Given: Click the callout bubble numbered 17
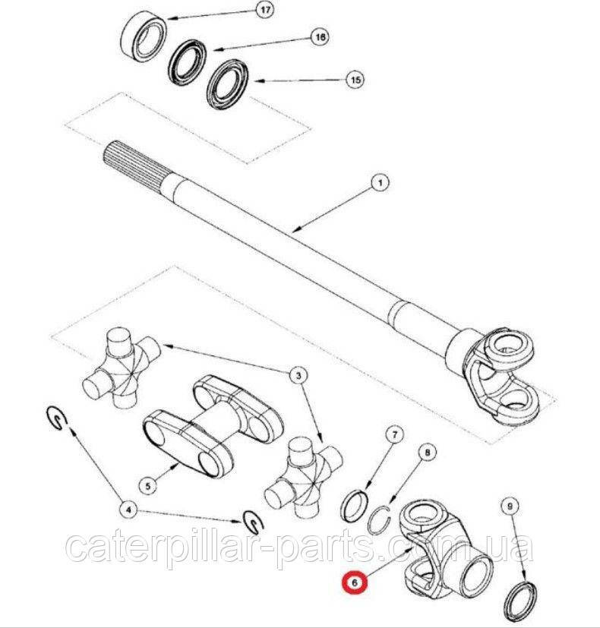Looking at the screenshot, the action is (265, 10).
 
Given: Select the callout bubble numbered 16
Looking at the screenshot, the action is (320, 37).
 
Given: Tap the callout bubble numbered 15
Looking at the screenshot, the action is (355, 80).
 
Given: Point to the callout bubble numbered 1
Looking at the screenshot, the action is (380, 183).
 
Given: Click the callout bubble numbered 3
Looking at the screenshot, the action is (298, 376).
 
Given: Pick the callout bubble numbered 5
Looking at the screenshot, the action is (148, 486).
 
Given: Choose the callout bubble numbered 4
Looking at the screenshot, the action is (128, 510).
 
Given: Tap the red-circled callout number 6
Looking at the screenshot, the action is (354, 582).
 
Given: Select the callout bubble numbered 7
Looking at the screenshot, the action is (394, 434).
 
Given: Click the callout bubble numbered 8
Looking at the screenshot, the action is (428, 453).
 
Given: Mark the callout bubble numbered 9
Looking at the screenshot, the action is (510, 507).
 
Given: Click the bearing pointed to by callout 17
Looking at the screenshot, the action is (144, 35).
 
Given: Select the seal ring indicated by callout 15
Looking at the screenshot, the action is (228, 84).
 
